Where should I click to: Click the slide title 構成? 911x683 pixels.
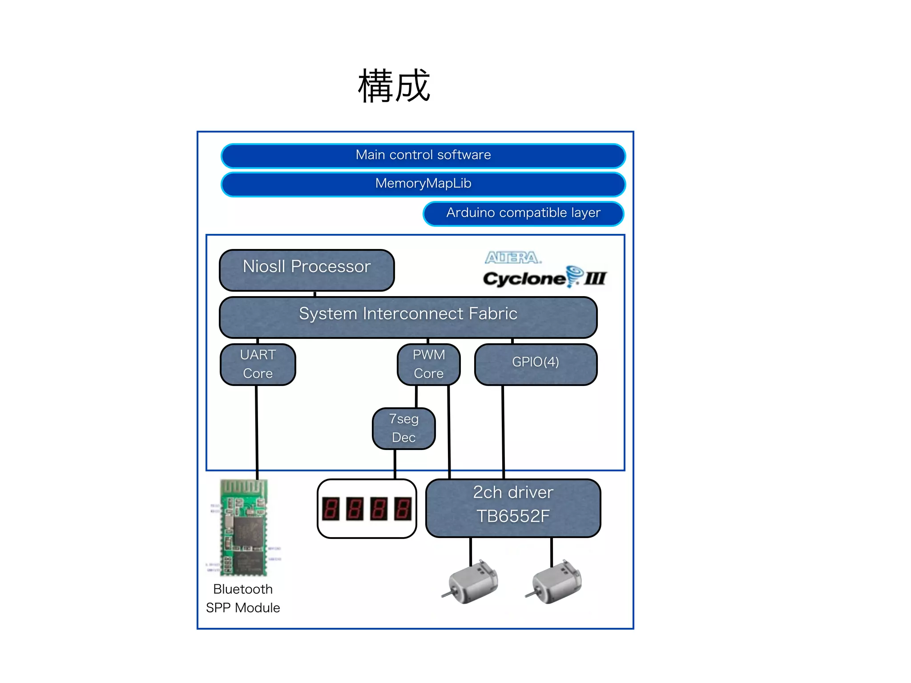pos(394,86)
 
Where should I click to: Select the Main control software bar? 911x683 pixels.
pos(423,155)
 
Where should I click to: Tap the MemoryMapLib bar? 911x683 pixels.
pos(423,184)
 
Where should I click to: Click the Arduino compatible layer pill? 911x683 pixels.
pos(523,213)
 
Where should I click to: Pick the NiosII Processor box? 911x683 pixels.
pos(306,269)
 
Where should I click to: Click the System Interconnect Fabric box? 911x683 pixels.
pos(408,317)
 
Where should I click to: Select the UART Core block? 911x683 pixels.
pos(258,364)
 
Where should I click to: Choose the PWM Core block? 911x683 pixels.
pos(428,364)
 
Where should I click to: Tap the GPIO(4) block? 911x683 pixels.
pos(536,364)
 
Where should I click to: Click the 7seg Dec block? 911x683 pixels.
pos(403,428)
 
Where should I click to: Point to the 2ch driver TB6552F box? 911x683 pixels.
pos(513,507)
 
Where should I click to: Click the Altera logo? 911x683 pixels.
pos(512,257)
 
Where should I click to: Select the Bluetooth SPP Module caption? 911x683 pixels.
pos(243,599)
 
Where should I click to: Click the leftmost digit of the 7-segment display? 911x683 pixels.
pos(331,509)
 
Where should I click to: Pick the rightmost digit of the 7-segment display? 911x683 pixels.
pos(402,509)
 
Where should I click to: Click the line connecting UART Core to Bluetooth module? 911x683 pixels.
pos(257,431)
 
